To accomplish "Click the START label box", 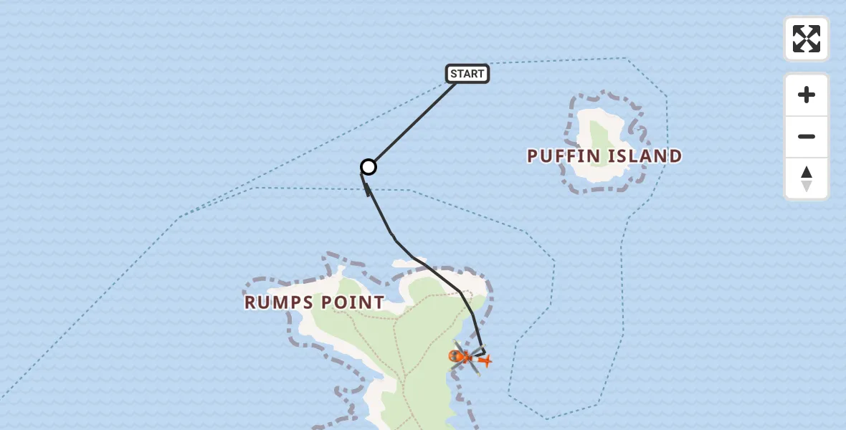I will coord(467,74).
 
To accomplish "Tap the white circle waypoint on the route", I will coord(368,167).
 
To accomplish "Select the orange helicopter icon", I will coord(461,355).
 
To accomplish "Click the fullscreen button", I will coord(806,39).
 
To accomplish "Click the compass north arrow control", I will coord(806,178).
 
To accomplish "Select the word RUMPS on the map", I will coord(275,302).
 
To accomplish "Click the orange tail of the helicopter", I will coord(485,360).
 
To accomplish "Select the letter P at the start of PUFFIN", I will coord(533,156).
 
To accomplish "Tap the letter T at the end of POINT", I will coord(379,302).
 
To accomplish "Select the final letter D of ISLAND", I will coord(674,156).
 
